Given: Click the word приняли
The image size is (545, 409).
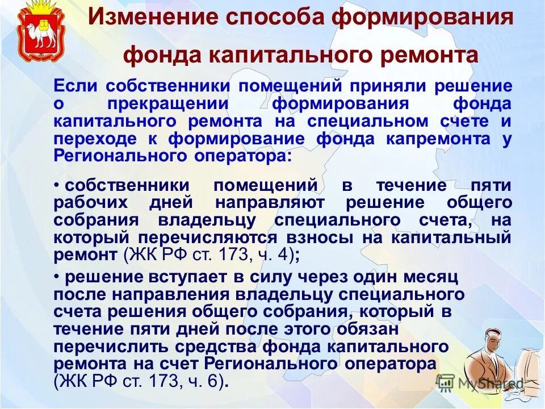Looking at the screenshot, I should (x=387, y=86).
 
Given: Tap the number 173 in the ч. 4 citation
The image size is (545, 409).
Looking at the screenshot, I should (x=233, y=255).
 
